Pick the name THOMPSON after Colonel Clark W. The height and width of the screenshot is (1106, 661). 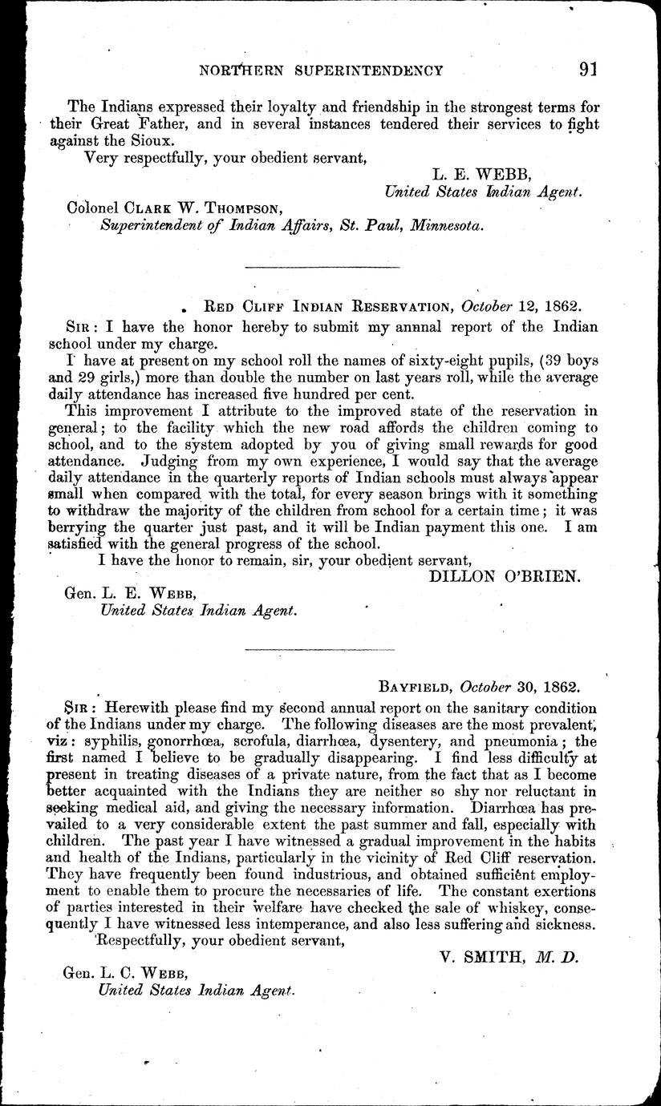[240, 208]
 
